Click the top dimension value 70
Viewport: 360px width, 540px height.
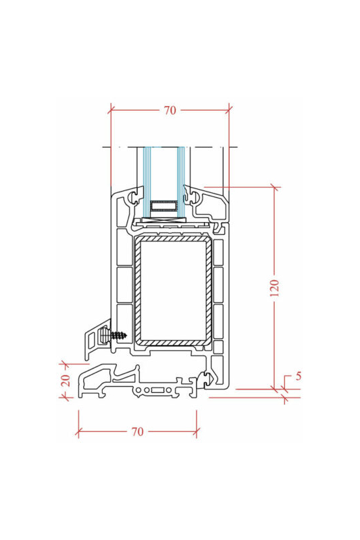170,110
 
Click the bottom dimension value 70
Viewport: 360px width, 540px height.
137,431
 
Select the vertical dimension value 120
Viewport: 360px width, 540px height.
274,288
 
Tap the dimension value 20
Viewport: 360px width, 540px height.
66,380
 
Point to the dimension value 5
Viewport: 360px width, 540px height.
299,376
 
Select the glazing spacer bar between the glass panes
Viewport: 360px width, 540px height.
163,206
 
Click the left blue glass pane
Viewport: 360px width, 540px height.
147,182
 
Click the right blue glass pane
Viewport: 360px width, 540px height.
181,182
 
